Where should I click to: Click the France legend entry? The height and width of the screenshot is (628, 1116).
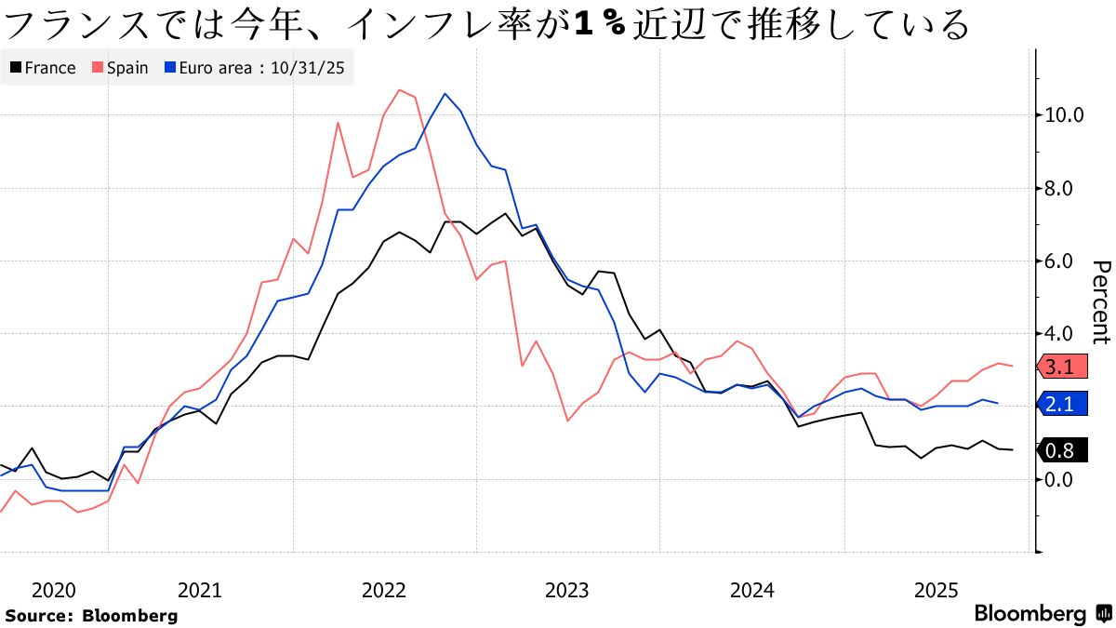point(43,68)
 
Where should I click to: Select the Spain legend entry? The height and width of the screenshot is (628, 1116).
point(120,68)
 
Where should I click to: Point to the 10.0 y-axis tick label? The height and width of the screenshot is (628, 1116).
point(1065,115)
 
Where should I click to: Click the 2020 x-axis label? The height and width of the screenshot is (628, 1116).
point(52,590)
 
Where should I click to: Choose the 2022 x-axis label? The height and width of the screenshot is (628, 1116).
point(384,590)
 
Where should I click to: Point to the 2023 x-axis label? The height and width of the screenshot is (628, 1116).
point(567,590)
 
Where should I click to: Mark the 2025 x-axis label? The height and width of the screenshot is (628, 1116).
point(937,590)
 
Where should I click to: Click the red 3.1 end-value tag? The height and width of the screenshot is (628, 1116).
point(1059,367)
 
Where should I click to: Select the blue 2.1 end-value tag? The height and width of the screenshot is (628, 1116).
point(1059,404)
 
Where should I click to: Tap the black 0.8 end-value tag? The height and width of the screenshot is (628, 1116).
point(1059,451)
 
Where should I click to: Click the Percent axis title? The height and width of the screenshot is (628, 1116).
point(1100,302)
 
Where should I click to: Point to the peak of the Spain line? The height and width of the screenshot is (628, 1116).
point(400,90)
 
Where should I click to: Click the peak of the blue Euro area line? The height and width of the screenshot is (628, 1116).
point(445,94)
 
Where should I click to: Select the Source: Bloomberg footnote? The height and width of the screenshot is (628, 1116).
point(91,615)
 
